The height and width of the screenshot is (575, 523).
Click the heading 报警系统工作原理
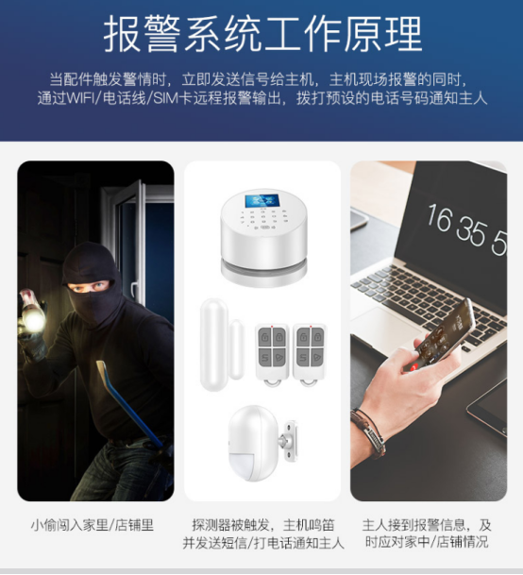point(262,35)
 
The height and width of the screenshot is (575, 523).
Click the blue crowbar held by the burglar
point(129,403)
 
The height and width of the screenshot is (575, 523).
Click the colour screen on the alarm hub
point(262,201)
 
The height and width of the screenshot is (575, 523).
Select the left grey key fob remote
point(272,354)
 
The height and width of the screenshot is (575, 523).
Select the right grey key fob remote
point(310,354)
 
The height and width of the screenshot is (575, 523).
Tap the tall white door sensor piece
point(213,345)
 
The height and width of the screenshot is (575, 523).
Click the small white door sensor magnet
point(237,349)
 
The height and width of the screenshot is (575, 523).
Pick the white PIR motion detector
point(254,443)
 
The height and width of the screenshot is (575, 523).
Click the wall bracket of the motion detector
point(288,441)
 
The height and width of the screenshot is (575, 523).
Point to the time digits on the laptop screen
point(466,228)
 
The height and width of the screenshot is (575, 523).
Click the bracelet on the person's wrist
point(368,431)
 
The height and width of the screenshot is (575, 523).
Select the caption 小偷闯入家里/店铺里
point(93,525)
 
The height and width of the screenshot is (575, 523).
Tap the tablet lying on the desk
point(488,407)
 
